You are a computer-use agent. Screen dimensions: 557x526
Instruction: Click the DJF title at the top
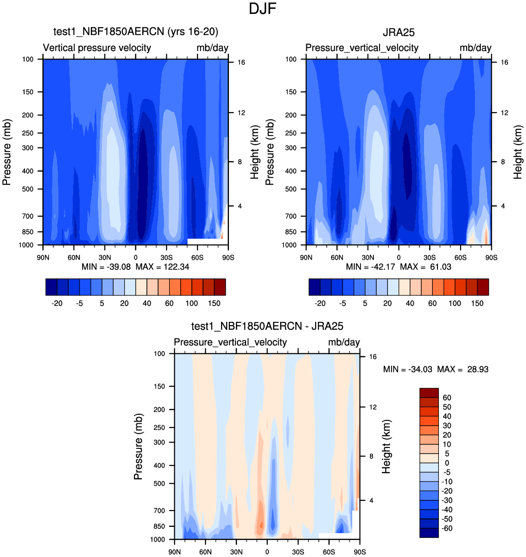point(263,9)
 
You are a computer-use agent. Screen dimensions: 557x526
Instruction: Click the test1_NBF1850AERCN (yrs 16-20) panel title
point(136,32)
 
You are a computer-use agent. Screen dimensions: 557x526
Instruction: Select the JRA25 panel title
point(399,32)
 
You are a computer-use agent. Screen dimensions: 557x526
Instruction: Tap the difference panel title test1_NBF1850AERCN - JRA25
point(267,327)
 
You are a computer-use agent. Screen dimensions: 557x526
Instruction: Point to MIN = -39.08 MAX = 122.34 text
point(135,267)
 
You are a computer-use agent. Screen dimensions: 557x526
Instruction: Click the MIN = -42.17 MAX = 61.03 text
point(399,267)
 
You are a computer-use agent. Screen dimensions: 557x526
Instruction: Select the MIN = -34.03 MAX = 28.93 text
point(436,369)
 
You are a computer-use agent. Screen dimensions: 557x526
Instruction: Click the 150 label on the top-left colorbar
point(214,303)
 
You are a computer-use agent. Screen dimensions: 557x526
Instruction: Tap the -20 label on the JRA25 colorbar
point(320,303)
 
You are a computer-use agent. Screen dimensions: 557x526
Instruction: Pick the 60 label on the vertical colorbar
point(447,397)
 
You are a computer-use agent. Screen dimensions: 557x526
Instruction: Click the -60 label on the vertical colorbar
point(447,528)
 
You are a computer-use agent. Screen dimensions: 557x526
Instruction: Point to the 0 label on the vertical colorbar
point(447,463)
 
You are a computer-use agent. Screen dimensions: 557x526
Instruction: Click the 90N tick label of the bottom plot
point(175,552)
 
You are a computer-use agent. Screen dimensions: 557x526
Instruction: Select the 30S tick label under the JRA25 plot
point(430,257)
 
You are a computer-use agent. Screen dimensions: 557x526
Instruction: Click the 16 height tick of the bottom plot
point(373,357)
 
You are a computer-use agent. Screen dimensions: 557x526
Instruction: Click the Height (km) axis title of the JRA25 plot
point(518,152)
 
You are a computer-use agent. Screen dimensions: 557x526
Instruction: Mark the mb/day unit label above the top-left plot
point(212,48)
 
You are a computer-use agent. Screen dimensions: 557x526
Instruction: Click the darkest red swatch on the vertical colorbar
point(429,393)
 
